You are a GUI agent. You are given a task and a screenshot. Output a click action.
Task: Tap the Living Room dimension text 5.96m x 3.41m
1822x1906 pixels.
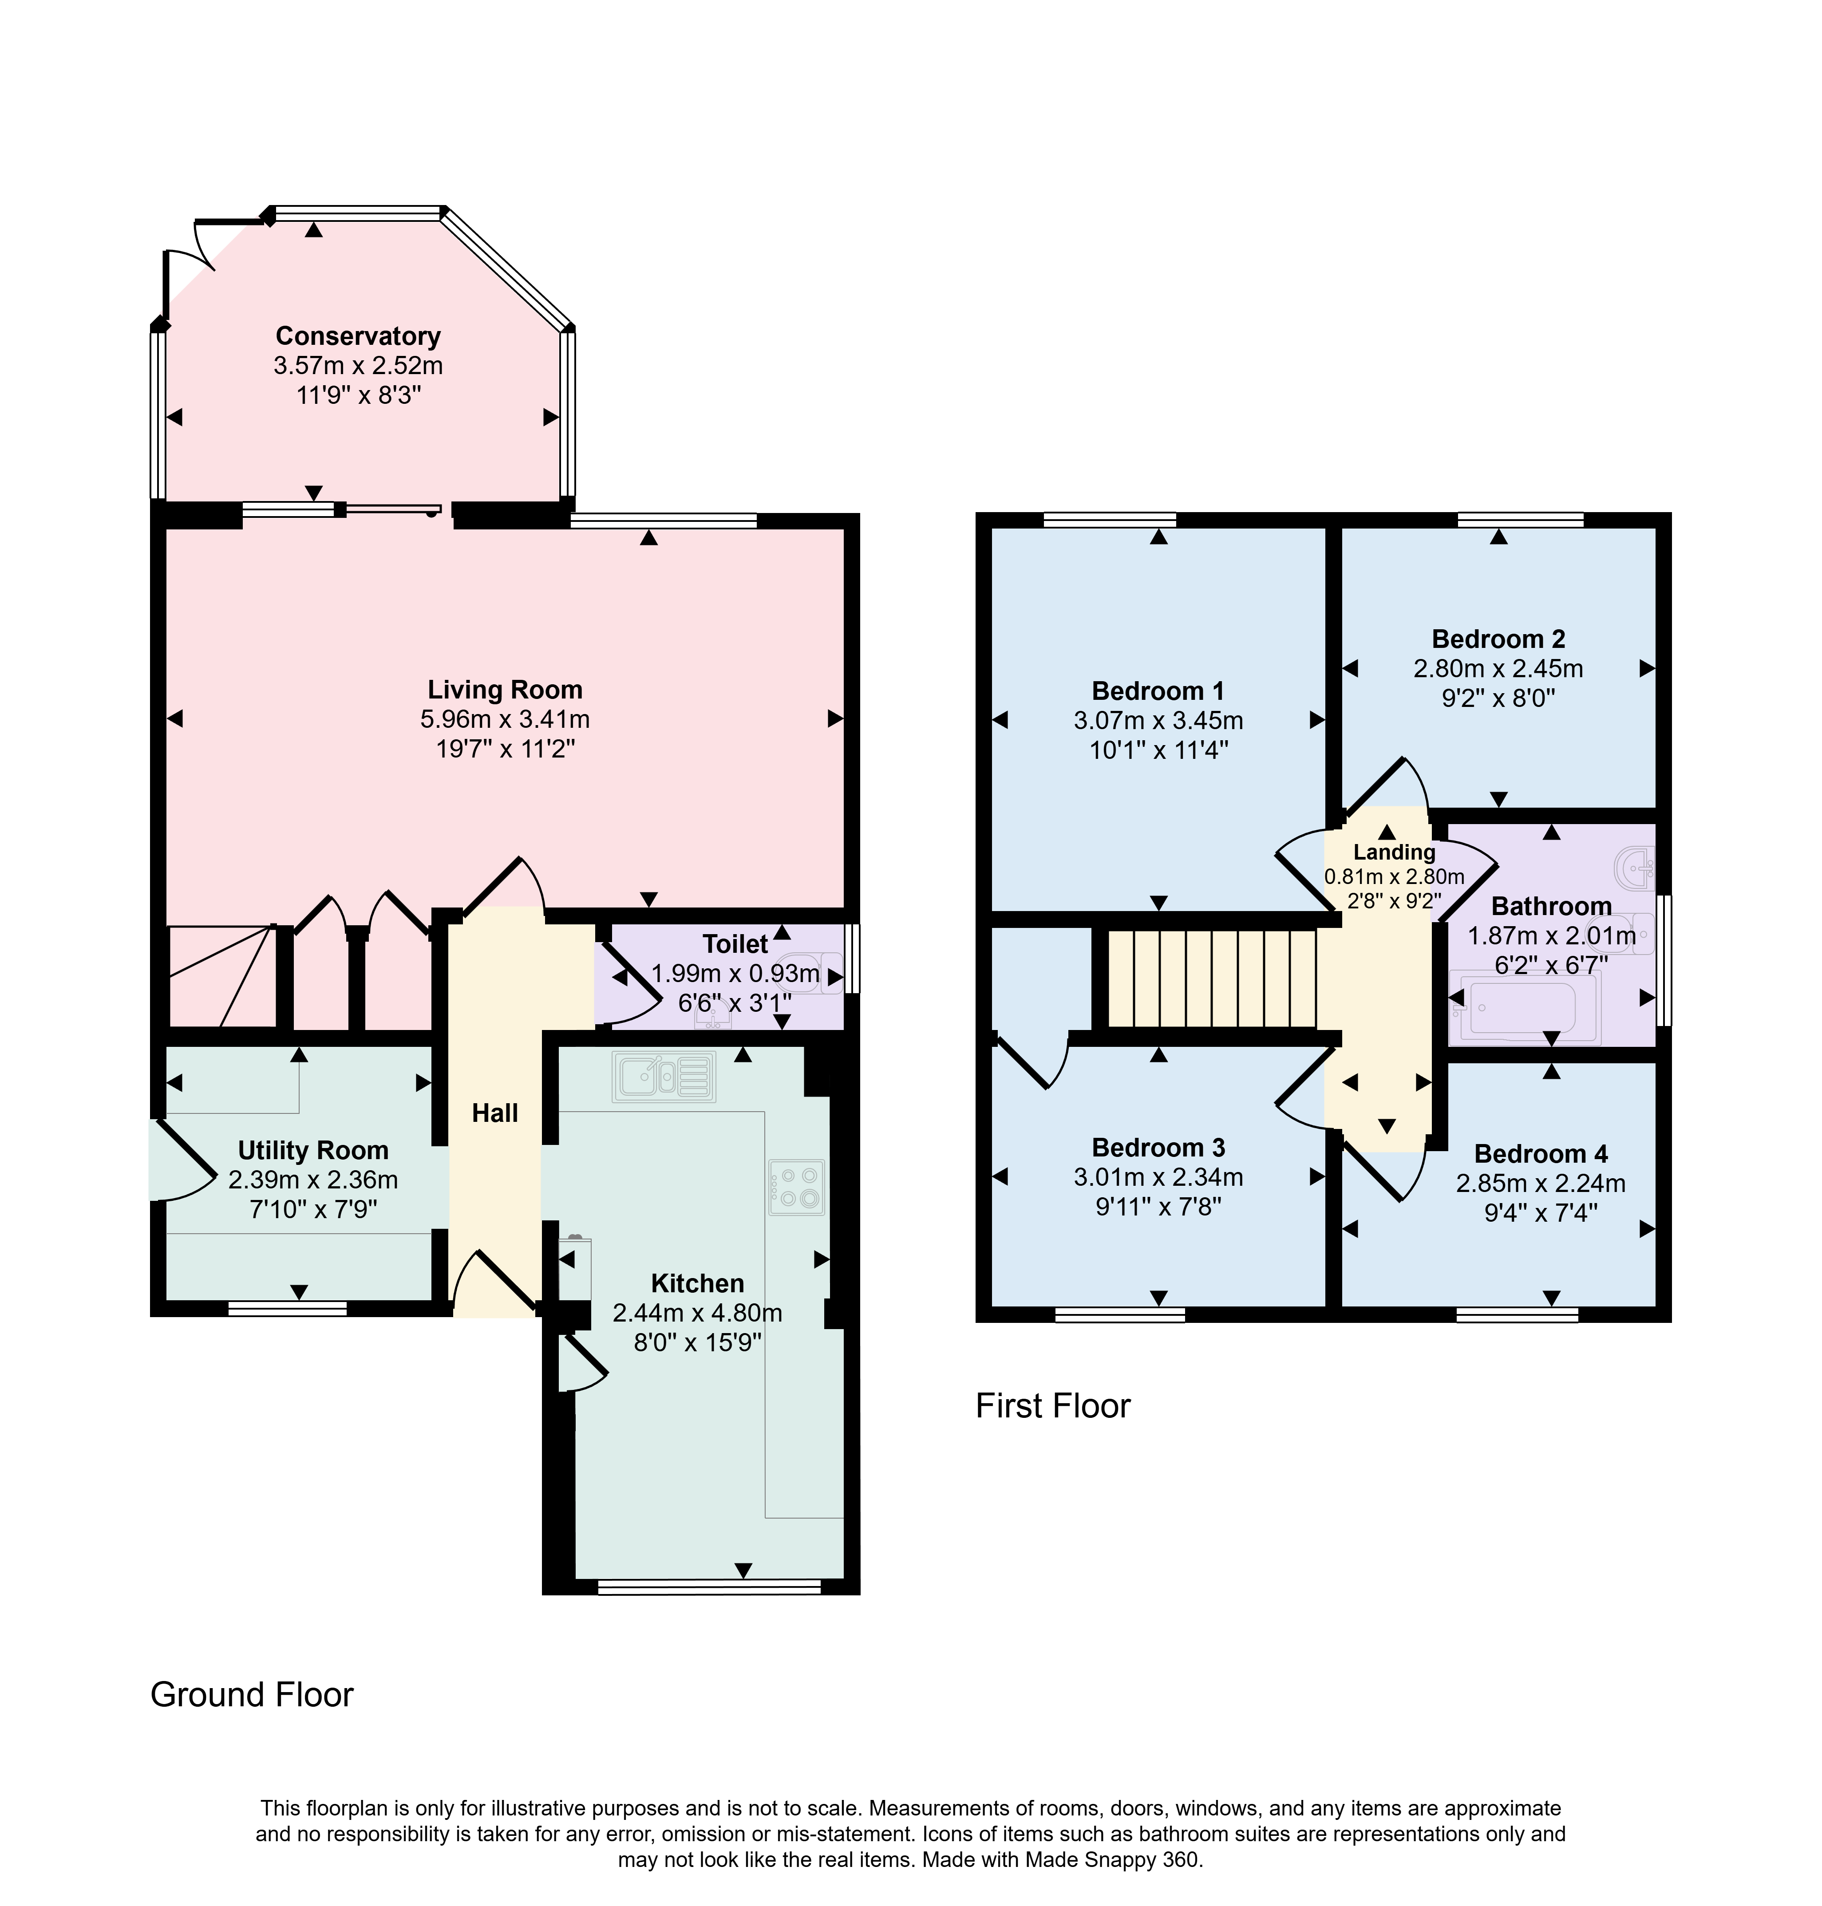[505, 719]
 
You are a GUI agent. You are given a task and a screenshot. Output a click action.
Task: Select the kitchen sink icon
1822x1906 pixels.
[664, 1077]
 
